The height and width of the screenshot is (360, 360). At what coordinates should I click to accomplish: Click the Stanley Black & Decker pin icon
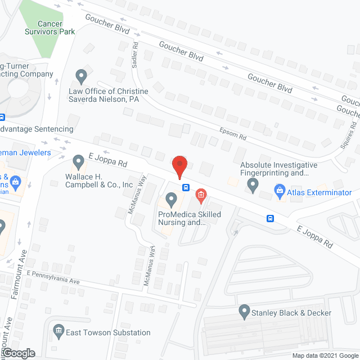click(x=244, y=310)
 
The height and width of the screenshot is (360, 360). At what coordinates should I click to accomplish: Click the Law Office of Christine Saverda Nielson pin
click(x=82, y=75)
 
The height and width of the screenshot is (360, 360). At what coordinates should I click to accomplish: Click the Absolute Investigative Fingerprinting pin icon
click(x=253, y=183)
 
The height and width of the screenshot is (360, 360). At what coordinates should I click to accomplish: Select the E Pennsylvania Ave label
click(x=53, y=276)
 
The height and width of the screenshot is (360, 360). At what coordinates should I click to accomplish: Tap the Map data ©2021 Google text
click(x=325, y=355)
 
